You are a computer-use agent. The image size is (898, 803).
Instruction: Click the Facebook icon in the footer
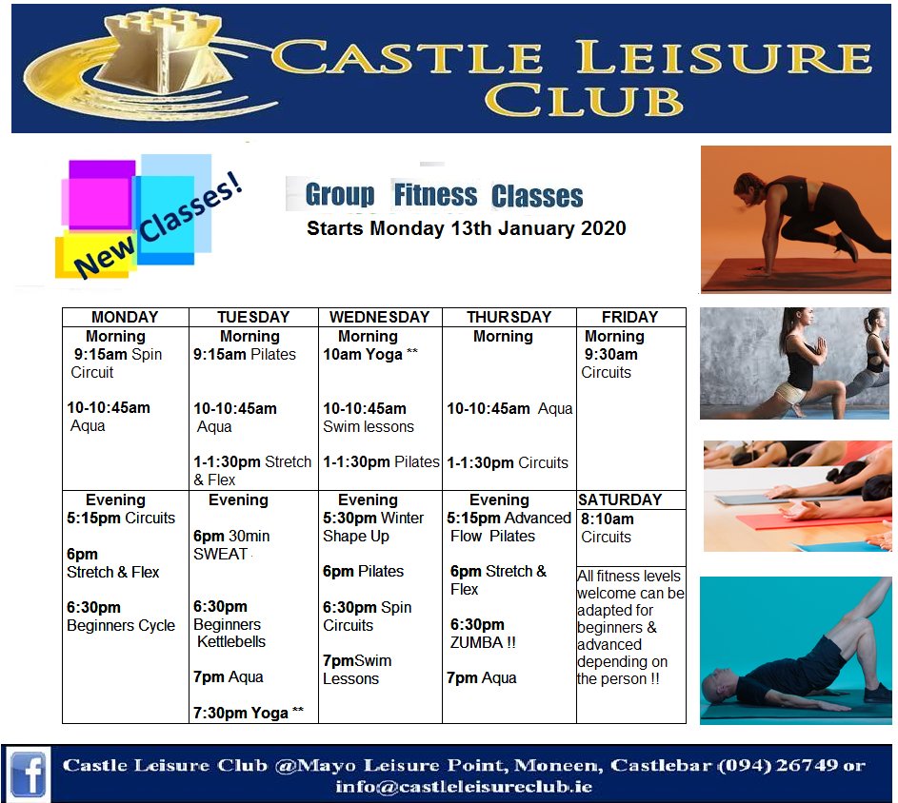28,772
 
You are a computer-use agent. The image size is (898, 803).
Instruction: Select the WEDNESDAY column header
379,317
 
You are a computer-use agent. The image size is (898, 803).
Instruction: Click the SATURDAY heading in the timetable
620,499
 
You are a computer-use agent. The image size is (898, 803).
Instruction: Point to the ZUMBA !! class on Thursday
483,642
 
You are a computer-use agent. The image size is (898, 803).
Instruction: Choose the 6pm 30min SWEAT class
230,544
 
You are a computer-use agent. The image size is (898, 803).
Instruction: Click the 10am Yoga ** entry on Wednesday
370,354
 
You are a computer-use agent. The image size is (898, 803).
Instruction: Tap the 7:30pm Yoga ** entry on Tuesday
249,713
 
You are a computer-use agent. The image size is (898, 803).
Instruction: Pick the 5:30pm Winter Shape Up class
373,527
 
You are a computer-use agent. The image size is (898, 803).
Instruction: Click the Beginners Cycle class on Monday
121,625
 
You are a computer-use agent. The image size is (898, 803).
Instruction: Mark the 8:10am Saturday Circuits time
607,519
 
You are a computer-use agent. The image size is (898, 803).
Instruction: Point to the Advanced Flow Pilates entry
509,527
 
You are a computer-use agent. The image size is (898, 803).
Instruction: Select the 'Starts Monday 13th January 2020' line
466,228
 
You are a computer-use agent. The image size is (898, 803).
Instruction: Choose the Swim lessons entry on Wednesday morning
369,426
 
